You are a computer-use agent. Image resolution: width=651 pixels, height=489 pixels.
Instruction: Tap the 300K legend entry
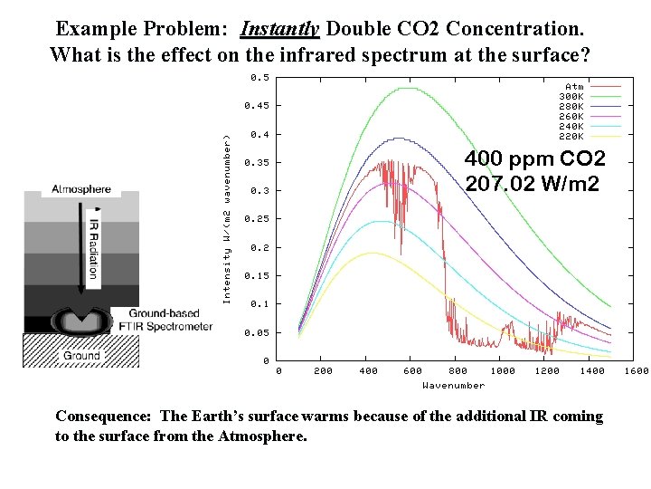[x=571, y=96]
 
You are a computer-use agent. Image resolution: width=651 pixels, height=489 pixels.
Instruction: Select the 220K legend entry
[x=571, y=136]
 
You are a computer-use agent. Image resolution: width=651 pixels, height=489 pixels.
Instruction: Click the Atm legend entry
[x=574, y=86]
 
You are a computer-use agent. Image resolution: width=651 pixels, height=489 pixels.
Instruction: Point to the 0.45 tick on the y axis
[x=257, y=106]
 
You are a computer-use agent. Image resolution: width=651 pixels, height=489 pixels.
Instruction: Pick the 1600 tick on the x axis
[x=637, y=370]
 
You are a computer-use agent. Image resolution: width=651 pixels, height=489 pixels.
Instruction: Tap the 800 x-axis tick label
[x=458, y=370]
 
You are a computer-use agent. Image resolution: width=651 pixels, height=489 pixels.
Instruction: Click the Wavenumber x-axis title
[x=453, y=386]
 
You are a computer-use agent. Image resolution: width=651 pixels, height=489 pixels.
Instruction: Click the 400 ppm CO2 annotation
[x=534, y=159]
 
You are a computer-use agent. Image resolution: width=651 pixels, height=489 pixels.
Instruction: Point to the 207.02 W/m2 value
[x=532, y=185]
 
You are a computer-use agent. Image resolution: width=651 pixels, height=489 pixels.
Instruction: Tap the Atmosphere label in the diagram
[x=81, y=189]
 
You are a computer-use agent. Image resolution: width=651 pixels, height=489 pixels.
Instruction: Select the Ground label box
[x=81, y=356]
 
